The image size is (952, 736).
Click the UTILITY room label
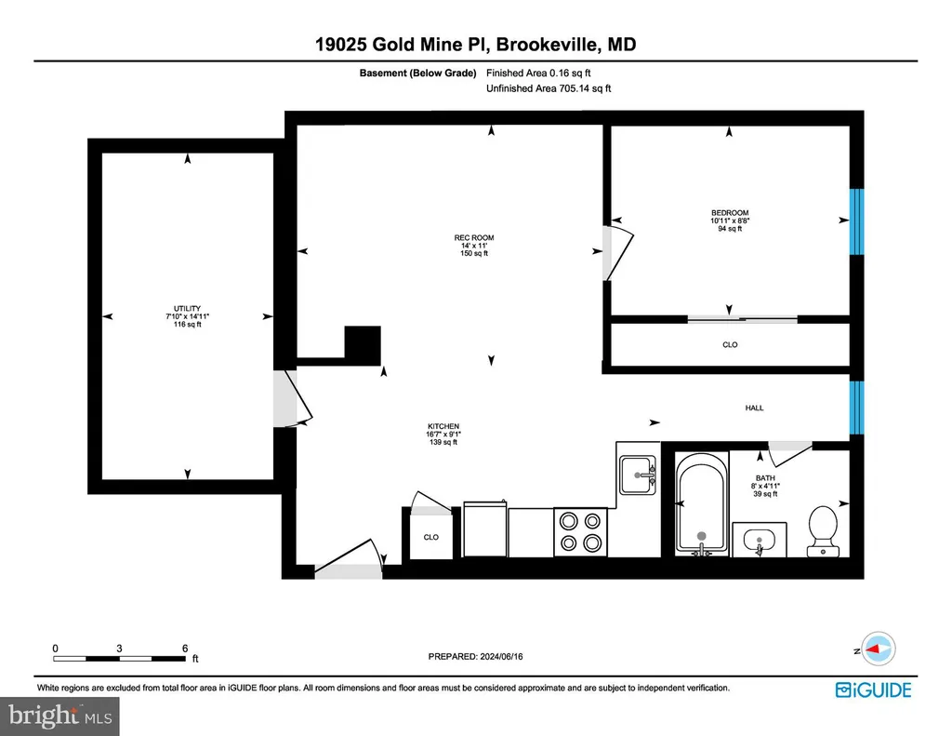(x=187, y=309)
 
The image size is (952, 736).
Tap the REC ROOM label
(x=474, y=237)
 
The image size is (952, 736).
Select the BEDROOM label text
(x=730, y=213)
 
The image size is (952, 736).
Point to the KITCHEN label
(x=443, y=426)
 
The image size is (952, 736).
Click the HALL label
(x=754, y=408)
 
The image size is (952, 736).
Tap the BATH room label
(x=765, y=478)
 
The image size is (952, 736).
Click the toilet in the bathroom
(x=824, y=531)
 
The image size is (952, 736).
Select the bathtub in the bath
(x=702, y=503)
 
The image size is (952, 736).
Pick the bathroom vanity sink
(x=760, y=540)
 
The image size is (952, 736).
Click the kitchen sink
(x=638, y=475)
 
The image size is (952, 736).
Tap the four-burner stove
(x=580, y=532)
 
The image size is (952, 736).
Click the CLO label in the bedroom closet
(x=730, y=344)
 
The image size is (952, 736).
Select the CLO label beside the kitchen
(x=431, y=537)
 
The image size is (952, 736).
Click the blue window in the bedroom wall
(x=856, y=221)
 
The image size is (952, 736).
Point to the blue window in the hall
(x=856, y=408)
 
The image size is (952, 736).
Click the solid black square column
(x=363, y=345)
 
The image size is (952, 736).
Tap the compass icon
(x=879, y=649)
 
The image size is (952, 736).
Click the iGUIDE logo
(x=874, y=689)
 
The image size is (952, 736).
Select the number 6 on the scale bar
(x=185, y=649)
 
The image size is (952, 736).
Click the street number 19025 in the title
(x=340, y=45)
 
